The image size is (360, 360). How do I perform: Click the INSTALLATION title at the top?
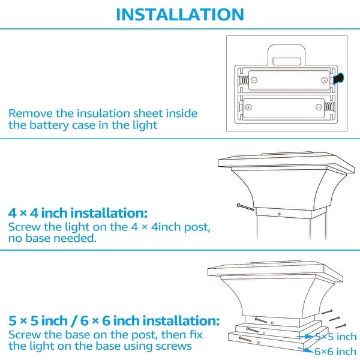180,14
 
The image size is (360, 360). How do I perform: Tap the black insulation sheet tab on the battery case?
338,78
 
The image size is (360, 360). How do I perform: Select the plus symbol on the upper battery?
324,80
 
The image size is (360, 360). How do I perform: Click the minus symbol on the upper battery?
254,80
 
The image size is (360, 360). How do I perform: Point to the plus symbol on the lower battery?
248,107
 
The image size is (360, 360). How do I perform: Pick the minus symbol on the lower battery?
319,107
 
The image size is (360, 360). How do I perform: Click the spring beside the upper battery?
244,80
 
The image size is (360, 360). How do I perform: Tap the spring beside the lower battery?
329,107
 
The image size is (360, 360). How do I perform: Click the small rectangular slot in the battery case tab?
287,61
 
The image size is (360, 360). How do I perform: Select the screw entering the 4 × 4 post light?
245,207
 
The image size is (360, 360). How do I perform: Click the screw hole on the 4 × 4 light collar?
279,214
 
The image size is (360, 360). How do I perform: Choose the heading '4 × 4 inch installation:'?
77,213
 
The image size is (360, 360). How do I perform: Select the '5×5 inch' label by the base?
335,337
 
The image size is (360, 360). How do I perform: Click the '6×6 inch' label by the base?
335,351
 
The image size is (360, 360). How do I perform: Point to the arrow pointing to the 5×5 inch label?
305,337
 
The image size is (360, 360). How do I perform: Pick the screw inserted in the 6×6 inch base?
245,339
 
